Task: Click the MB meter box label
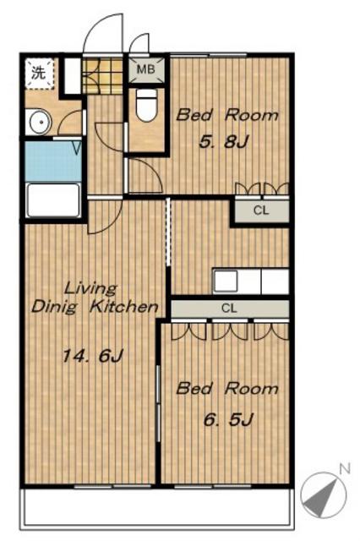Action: [146, 69]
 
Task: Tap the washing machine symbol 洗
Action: [38, 73]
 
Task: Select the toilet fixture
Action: [146, 105]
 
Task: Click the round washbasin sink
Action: [40, 122]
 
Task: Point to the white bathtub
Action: [53, 200]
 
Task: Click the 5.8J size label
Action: [224, 142]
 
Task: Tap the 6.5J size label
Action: [228, 419]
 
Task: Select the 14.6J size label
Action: [92, 356]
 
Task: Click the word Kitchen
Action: [124, 306]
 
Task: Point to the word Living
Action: [91, 288]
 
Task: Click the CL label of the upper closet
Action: [261, 210]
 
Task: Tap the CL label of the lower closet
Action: [229, 308]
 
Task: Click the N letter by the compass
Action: [345, 468]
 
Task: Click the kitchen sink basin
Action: [226, 281]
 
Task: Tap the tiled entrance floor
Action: [102, 76]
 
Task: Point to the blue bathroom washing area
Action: [53, 161]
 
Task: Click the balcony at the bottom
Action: [157, 506]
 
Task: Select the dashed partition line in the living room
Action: [168, 232]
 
